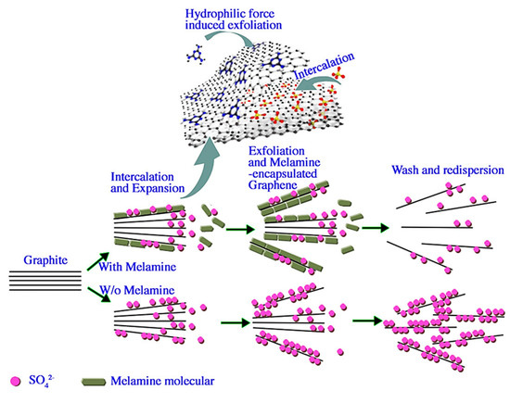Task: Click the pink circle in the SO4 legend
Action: [x=13, y=381]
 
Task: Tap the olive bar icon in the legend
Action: [x=96, y=381]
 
